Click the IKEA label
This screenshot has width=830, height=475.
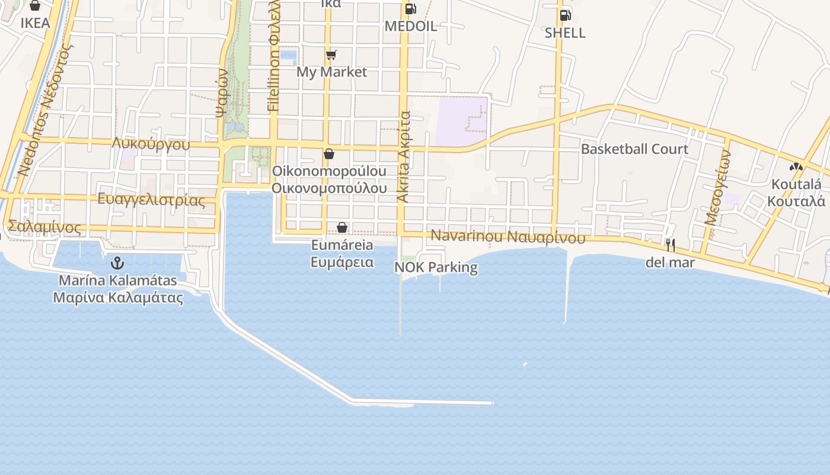click(x=35, y=23)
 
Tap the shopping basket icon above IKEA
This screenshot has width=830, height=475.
click(x=35, y=6)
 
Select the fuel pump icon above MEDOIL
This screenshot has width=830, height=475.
click(x=410, y=9)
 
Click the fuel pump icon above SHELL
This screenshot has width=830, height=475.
click(x=565, y=15)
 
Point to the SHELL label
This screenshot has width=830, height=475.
click(x=565, y=33)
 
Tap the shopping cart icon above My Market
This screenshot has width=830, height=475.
click(x=331, y=55)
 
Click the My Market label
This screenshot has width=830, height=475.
click(x=331, y=72)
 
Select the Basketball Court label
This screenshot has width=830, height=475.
click(x=634, y=149)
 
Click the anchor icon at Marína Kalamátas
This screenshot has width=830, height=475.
click(x=117, y=262)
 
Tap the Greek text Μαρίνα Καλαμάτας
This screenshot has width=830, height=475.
click(x=118, y=297)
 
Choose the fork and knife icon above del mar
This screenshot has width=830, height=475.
click(x=670, y=244)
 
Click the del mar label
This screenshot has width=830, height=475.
click(x=670, y=262)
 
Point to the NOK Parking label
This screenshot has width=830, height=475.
click(x=436, y=267)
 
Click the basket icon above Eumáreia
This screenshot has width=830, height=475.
click(x=342, y=227)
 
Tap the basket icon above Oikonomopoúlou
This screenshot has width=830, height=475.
click(x=329, y=154)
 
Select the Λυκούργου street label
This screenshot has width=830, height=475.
click(x=151, y=144)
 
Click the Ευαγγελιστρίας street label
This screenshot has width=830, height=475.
click(x=151, y=199)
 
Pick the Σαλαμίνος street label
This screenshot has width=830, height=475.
click(x=44, y=227)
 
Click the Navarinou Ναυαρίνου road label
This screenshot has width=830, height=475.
click(x=507, y=236)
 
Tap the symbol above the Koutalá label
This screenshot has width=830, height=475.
click(x=796, y=167)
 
